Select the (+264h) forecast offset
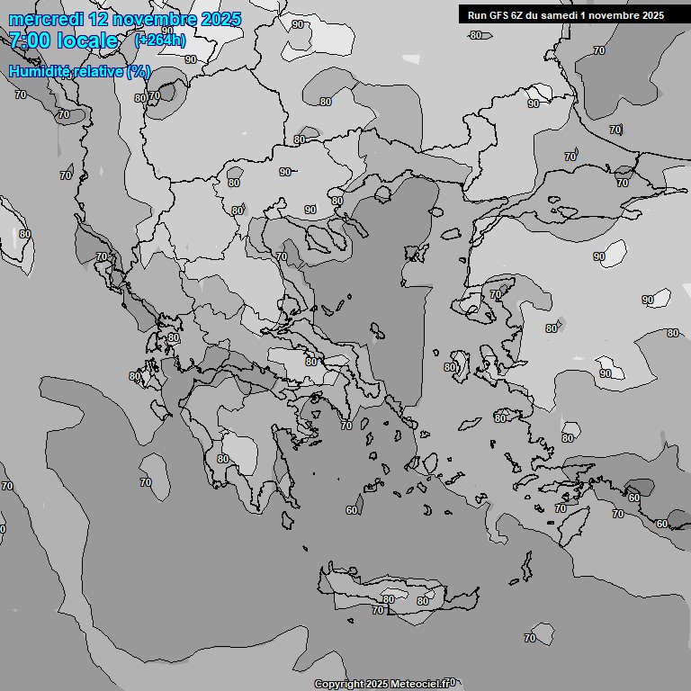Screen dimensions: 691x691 (x=159, y=40)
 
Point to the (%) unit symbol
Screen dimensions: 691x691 (x=139, y=71)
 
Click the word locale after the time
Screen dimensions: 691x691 (x=87, y=40)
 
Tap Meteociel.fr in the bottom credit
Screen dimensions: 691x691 (x=424, y=684)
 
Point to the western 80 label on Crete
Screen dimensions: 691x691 (x=388, y=599)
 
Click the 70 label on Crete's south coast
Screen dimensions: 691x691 (x=378, y=610)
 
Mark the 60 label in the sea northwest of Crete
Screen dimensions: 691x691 (x=352, y=511)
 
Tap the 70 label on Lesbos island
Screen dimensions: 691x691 (x=495, y=295)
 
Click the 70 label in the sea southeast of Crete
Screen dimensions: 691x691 (x=529, y=639)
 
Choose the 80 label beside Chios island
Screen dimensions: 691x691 (x=449, y=367)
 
